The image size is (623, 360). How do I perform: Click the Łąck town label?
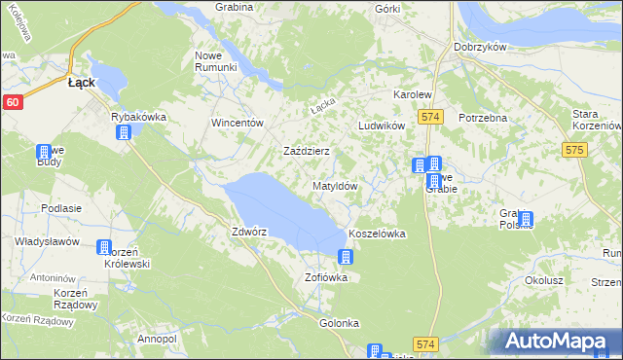click(81, 84)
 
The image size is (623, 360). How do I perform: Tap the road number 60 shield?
click(12, 101)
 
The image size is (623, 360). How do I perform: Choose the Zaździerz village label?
click(306, 152)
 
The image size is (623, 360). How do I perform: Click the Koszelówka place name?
click(376, 234)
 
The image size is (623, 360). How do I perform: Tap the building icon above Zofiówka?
click(345, 257)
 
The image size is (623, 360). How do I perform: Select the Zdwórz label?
click(249, 233)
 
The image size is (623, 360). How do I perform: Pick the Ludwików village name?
click(381, 126)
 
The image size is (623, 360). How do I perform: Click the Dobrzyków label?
click(476, 46)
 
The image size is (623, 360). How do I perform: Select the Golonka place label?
click(339, 323)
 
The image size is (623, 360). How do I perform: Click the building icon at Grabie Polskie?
click(526, 220)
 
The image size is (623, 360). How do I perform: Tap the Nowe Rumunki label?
click(216, 60)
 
